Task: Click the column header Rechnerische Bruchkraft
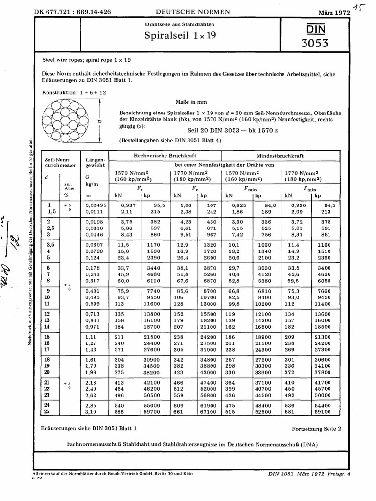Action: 165,156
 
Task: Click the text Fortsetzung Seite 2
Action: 316,428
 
